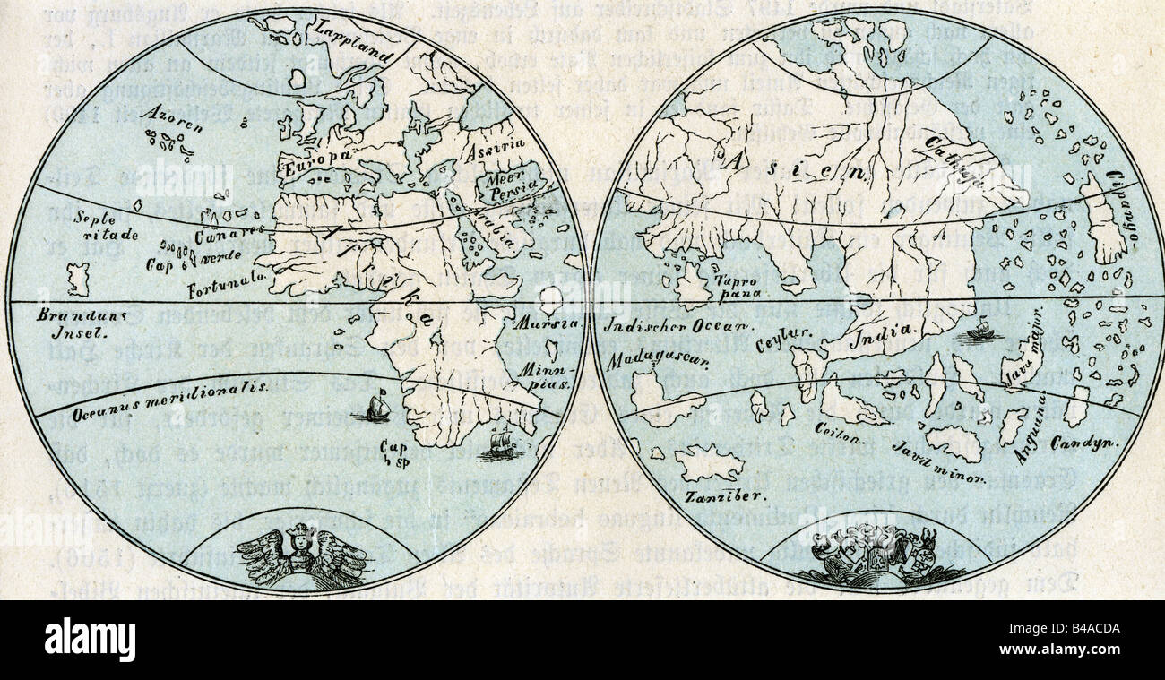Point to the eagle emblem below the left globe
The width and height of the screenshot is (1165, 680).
point(303,554)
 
